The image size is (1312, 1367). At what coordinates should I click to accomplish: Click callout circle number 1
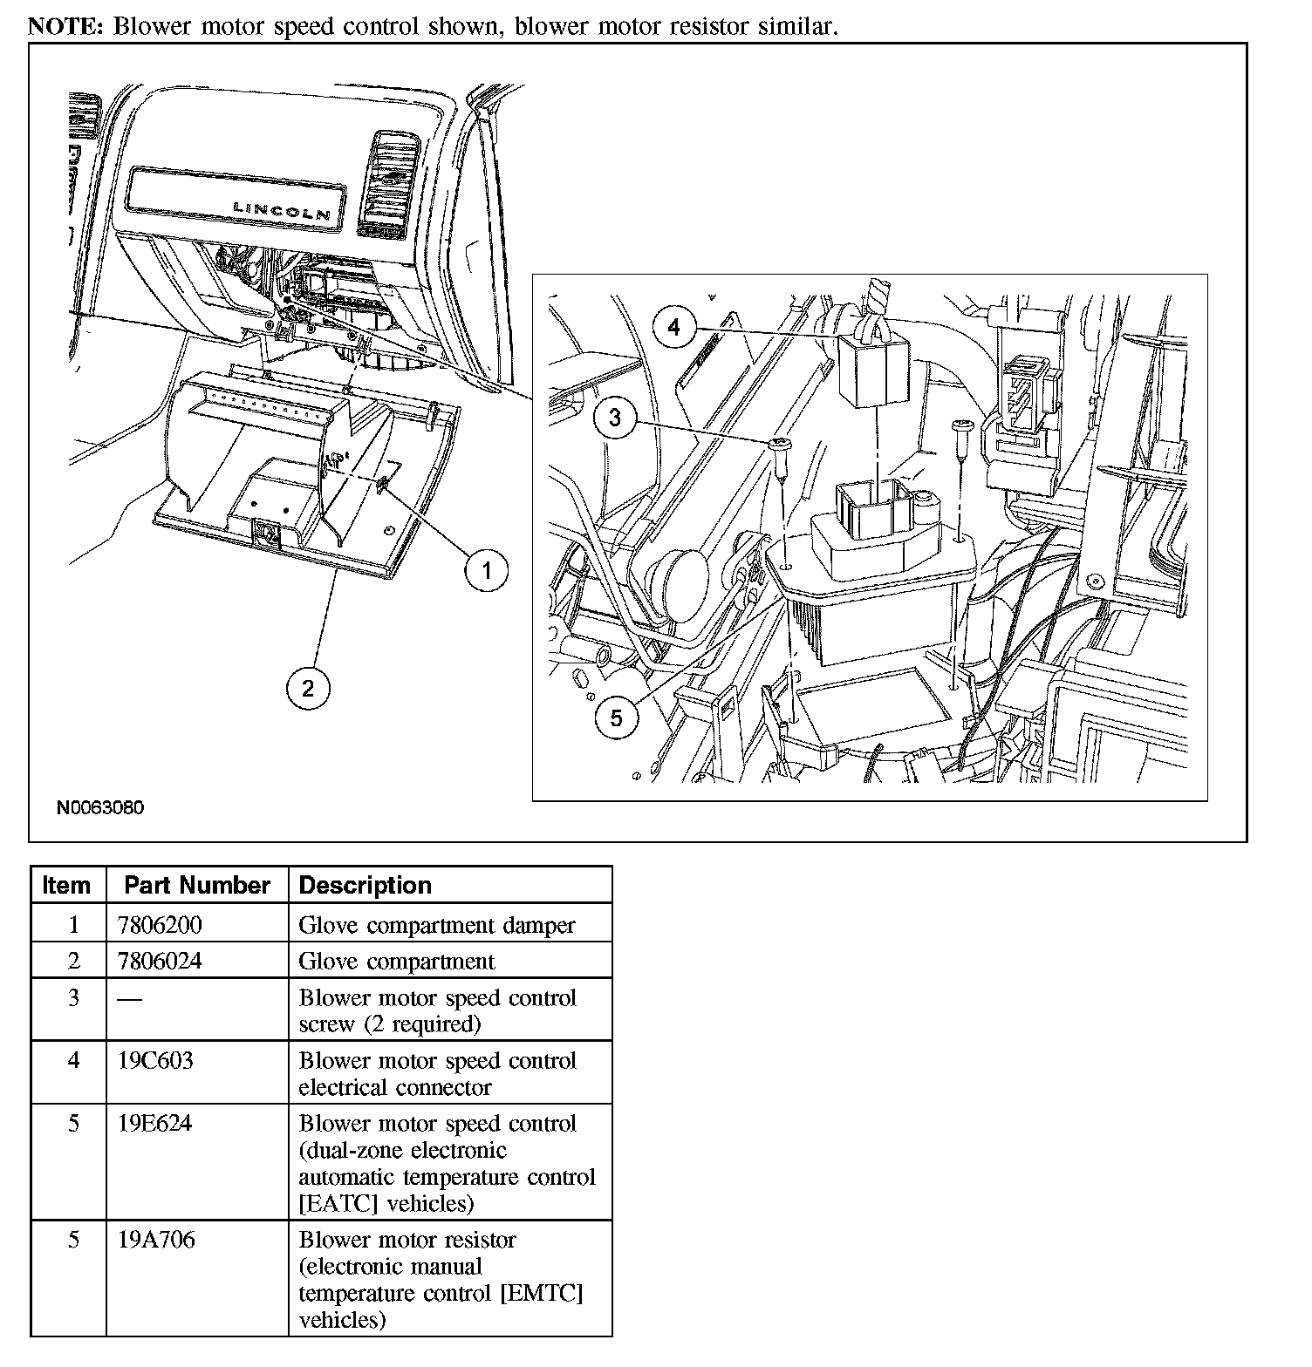click(486, 571)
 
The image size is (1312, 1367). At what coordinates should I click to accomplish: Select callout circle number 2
click(308, 688)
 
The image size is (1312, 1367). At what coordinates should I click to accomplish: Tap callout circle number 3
click(615, 418)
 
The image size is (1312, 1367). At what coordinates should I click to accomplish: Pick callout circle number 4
click(673, 328)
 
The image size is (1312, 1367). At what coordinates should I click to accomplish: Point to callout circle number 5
click(617, 718)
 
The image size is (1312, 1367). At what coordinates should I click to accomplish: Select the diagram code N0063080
click(100, 807)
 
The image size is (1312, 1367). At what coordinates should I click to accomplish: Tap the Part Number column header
click(196, 885)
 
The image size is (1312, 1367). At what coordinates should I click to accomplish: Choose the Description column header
click(366, 885)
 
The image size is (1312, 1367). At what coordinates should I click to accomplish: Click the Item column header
click(66, 885)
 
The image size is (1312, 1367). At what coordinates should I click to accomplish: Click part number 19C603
click(155, 1061)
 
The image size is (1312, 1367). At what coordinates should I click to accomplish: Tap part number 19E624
click(154, 1124)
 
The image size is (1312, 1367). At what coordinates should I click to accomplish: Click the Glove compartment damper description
click(437, 924)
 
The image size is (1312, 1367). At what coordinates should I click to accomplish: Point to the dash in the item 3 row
click(129, 999)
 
